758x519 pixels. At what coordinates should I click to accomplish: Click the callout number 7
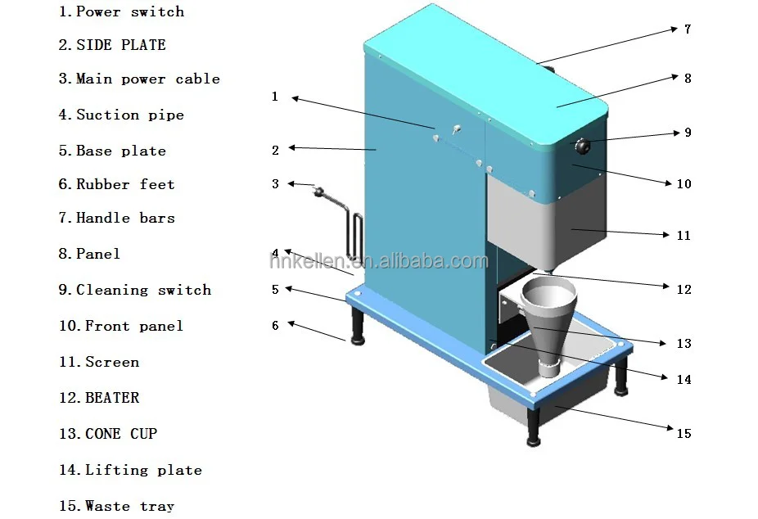pyautogui.click(x=688, y=29)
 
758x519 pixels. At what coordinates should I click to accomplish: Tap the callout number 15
pyautogui.click(x=684, y=433)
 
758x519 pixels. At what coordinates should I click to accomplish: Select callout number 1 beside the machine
pyautogui.click(x=275, y=97)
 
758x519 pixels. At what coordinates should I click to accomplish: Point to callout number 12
pyautogui.click(x=684, y=289)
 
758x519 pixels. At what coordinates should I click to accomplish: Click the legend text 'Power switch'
pyautogui.click(x=129, y=11)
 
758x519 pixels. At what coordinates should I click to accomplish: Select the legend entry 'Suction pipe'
pyautogui.click(x=129, y=115)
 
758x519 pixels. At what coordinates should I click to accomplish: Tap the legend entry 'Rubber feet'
pyautogui.click(x=125, y=184)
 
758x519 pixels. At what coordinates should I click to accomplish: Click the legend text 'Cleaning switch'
pyautogui.click(x=143, y=290)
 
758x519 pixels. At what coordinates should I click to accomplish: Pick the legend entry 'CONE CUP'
pyautogui.click(x=120, y=433)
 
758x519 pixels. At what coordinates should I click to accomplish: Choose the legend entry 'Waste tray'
pyautogui.click(x=129, y=506)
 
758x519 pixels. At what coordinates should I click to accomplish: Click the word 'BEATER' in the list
pyautogui.click(x=112, y=398)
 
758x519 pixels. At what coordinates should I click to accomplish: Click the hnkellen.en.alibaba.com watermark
pyautogui.click(x=378, y=261)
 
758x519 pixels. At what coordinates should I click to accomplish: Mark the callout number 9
pyautogui.click(x=688, y=132)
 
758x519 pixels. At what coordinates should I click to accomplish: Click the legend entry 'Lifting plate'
pyautogui.click(x=143, y=470)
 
